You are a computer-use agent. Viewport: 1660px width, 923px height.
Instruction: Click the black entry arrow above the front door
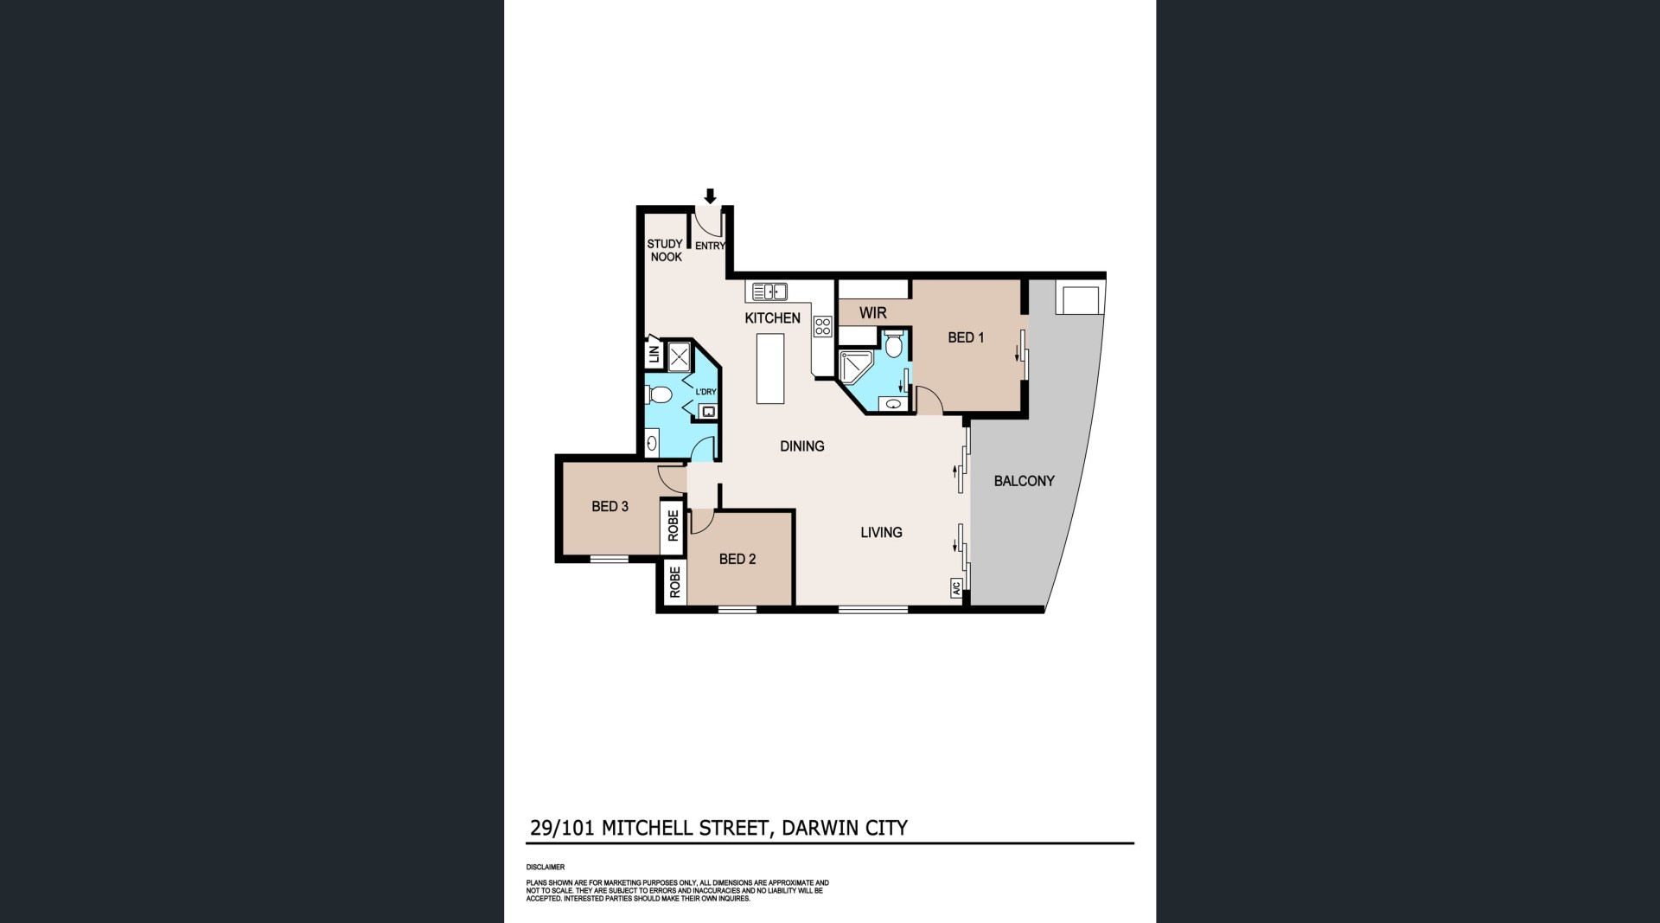tap(710, 195)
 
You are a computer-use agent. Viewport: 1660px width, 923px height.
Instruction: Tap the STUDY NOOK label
tap(665, 250)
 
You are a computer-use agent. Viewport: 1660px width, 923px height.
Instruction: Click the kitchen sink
tap(769, 292)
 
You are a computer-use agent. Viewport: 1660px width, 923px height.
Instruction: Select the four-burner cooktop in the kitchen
tap(822, 326)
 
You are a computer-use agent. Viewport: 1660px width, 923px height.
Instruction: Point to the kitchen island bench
tap(770, 369)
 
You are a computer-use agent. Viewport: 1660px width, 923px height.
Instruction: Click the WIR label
tap(872, 312)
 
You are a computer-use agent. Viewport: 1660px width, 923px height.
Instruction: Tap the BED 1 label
tap(966, 337)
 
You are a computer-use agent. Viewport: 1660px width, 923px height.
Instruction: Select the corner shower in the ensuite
tap(856, 366)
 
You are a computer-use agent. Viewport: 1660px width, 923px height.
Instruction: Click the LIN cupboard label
tap(654, 354)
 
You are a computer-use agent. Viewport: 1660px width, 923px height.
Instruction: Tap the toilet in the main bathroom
tap(659, 396)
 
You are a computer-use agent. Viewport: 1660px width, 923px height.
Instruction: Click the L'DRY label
tap(705, 392)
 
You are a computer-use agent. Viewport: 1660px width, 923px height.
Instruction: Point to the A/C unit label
tap(956, 588)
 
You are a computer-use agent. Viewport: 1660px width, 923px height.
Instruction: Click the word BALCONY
tap(1024, 481)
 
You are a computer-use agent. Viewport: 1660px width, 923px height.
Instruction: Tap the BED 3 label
tap(610, 506)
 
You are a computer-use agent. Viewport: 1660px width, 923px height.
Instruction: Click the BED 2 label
tap(737, 559)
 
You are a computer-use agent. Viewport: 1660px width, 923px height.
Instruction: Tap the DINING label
tap(802, 446)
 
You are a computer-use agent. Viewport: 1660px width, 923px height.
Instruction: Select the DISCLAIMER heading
tap(546, 867)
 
